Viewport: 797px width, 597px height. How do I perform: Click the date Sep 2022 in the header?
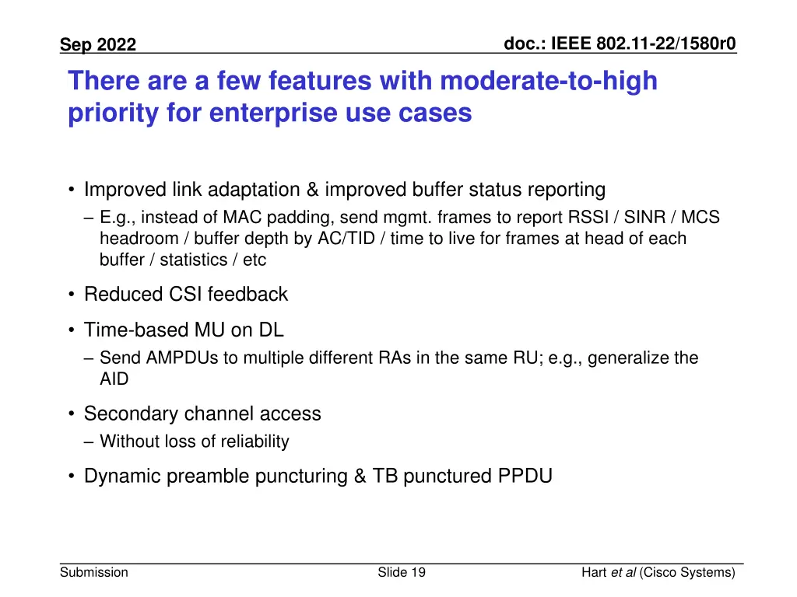[98, 45]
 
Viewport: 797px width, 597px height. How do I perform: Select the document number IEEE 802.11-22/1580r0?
[620, 44]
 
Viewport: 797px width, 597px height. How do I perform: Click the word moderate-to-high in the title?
[549, 81]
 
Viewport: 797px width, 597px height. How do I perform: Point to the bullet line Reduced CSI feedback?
[185, 295]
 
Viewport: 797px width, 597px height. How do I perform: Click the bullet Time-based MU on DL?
[184, 330]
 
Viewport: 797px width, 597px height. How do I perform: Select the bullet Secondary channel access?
[202, 414]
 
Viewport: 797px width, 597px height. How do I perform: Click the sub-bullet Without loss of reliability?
[194, 442]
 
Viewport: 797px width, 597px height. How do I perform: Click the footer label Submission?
[94, 573]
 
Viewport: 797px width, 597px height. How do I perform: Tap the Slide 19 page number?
[401, 573]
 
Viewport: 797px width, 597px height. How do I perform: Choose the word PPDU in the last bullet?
[525, 477]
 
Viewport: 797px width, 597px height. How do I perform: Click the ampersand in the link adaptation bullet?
[312, 190]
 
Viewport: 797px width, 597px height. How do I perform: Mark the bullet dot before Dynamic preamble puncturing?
[72, 477]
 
